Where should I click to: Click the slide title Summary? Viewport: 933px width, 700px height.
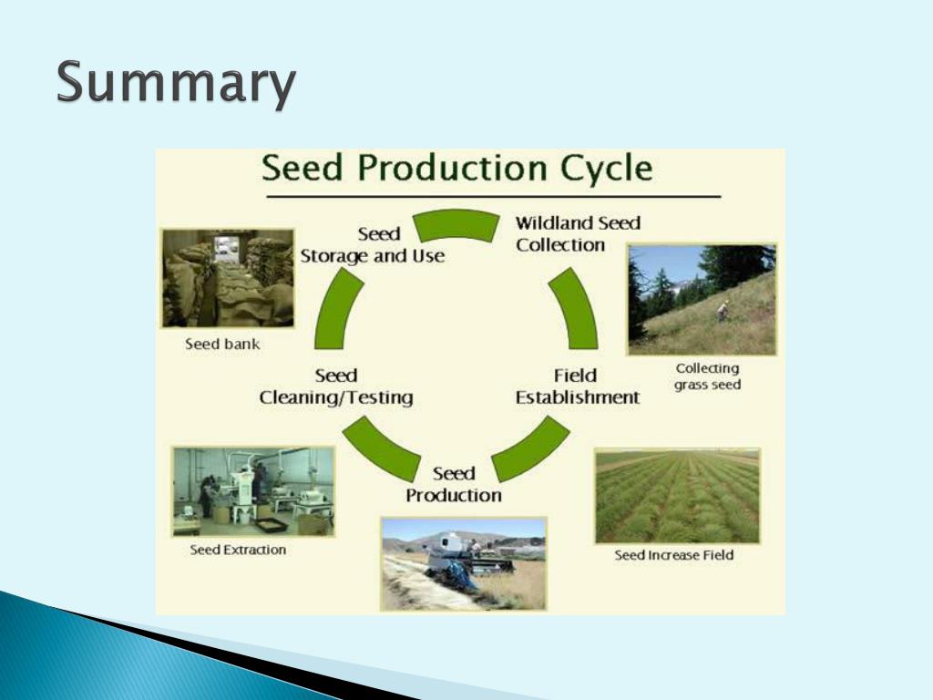click(x=176, y=84)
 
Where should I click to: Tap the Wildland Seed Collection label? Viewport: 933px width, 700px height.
click(x=578, y=233)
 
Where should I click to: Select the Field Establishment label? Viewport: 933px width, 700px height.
click(x=577, y=386)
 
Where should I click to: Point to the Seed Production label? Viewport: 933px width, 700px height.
click(x=454, y=484)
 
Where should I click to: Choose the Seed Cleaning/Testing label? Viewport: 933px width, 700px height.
click(x=336, y=386)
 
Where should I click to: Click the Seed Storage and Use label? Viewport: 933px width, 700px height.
click(x=373, y=245)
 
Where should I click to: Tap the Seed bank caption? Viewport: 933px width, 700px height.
click(x=222, y=345)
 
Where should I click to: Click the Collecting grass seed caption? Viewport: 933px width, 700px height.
click(x=707, y=376)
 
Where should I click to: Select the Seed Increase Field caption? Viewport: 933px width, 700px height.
click(x=674, y=554)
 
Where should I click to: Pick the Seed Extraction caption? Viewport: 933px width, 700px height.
click(x=238, y=550)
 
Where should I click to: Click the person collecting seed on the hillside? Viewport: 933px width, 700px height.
click(x=723, y=311)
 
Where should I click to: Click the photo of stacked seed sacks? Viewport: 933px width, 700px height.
click(x=228, y=278)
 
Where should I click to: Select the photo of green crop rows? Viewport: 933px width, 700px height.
click(x=677, y=497)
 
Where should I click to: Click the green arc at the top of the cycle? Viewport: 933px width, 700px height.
click(x=456, y=223)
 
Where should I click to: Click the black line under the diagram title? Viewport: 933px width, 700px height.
click(x=492, y=196)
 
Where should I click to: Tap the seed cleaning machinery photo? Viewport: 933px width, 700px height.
click(x=253, y=490)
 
